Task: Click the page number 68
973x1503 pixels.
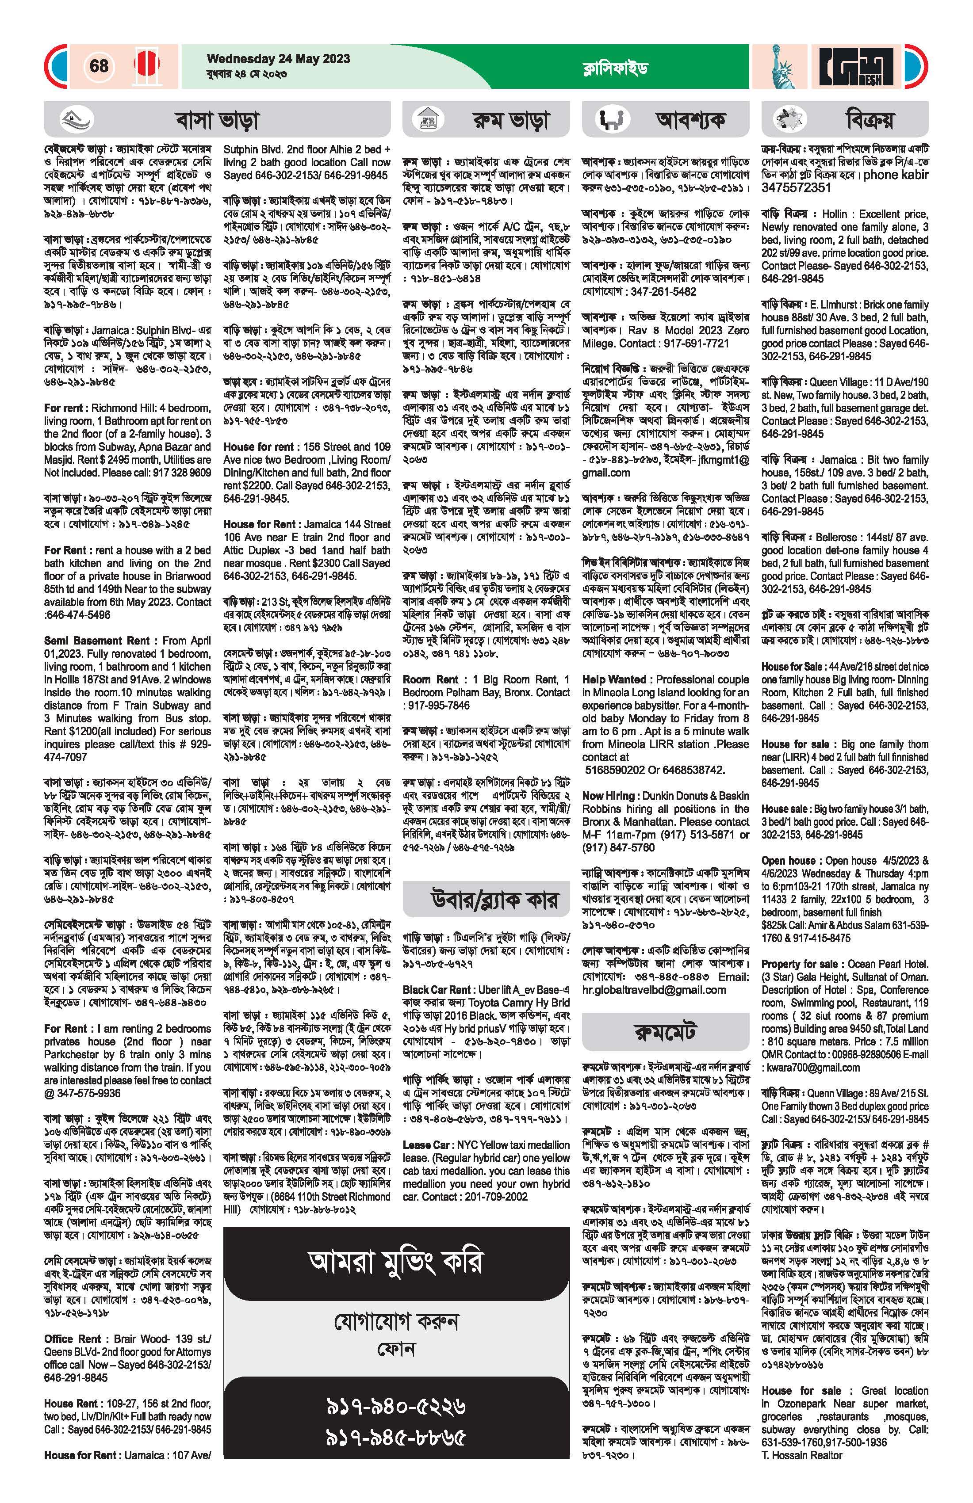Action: (99, 66)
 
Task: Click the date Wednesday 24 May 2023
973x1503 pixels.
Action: (278, 59)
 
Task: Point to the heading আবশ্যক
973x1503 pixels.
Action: (690, 119)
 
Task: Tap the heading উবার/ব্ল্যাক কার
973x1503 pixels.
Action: (486, 900)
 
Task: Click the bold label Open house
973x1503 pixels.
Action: (790, 861)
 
